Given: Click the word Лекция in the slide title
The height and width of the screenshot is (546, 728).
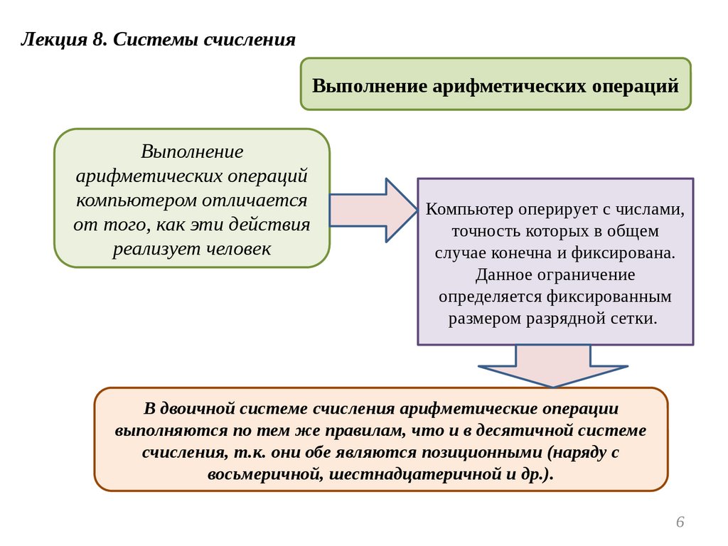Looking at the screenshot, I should (x=52, y=39).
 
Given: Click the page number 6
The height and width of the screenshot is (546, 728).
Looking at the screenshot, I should (x=680, y=523).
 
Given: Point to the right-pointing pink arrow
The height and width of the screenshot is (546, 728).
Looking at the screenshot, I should (x=373, y=210).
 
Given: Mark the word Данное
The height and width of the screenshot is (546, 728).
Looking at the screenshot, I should (x=503, y=274).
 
